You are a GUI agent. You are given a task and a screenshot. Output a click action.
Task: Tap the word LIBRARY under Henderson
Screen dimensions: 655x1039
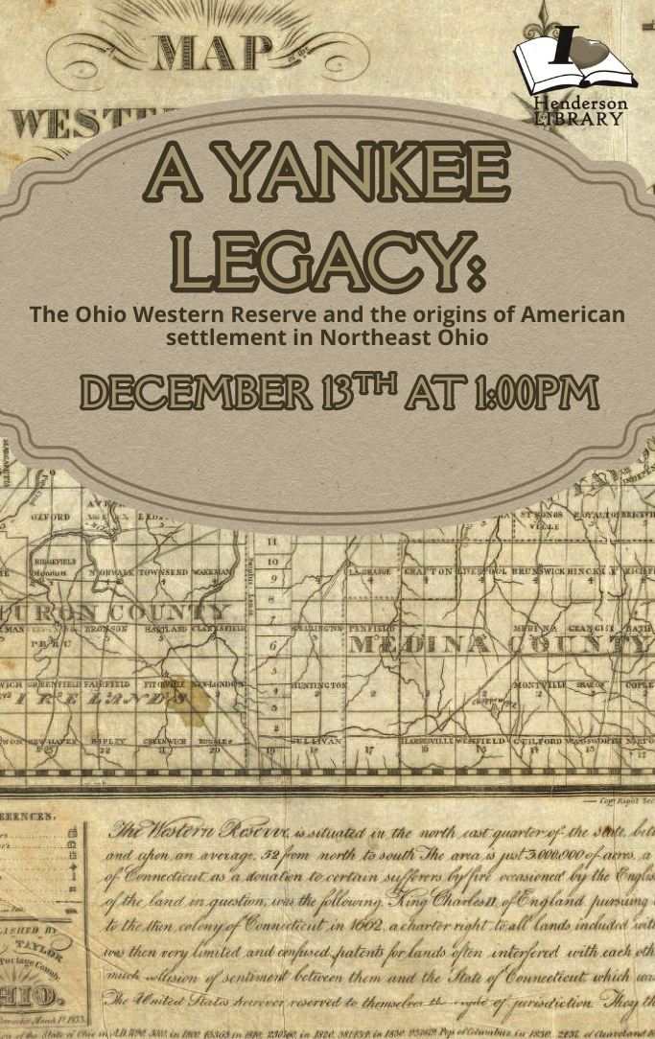(579, 118)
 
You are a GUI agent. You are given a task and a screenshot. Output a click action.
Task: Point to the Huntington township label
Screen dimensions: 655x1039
(317, 686)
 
